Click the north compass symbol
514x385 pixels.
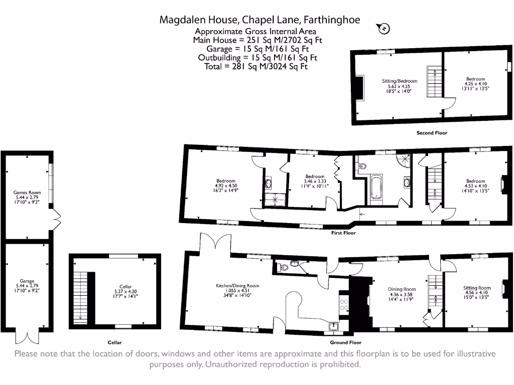[x=384, y=29]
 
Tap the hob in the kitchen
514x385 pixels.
[x=344, y=305]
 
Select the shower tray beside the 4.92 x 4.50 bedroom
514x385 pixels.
[x=275, y=200]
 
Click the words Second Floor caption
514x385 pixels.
[x=432, y=133]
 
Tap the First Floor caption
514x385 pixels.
[x=343, y=233]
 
